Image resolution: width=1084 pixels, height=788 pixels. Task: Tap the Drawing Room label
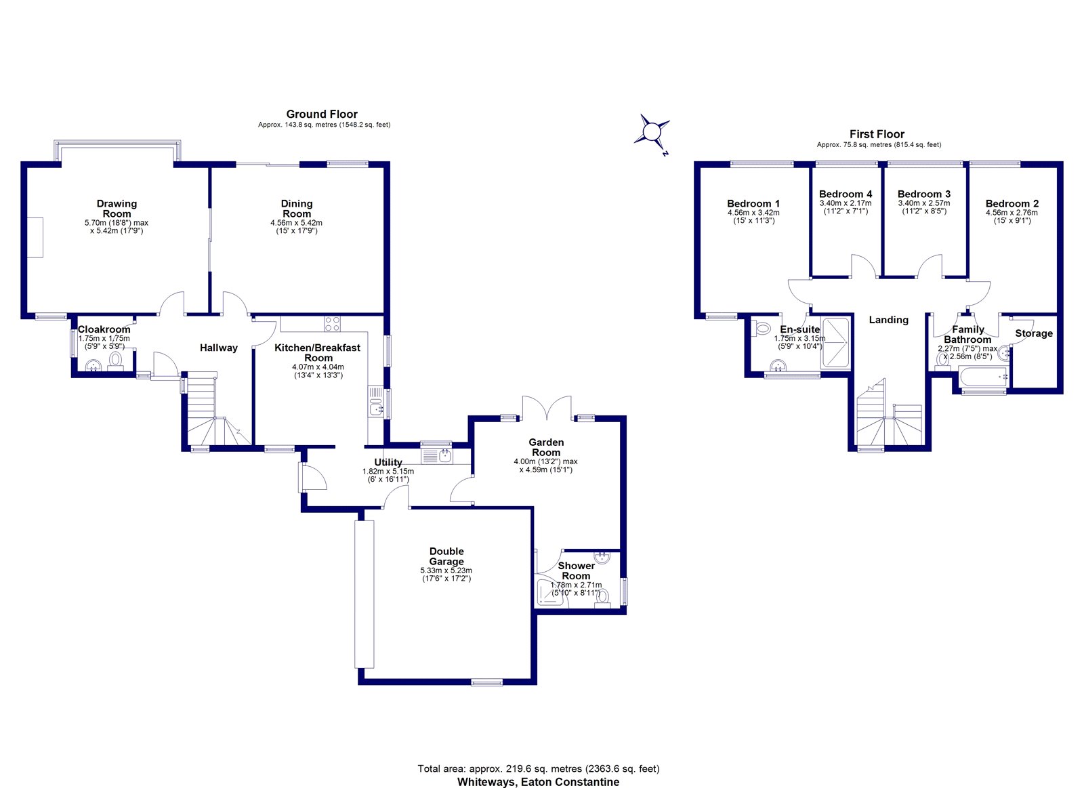[x=117, y=209]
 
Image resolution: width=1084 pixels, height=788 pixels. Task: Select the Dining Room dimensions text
[x=296, y=227]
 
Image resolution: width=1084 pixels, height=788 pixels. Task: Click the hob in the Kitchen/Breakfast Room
[x=333, y=324]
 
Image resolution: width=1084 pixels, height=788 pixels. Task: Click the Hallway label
[x=219, y=348]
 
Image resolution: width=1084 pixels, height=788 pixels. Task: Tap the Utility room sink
[x=437, y=456]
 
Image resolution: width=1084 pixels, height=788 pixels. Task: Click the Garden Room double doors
[x=547, y=408]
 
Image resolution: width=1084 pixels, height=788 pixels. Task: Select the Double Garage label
[x=446, y=556]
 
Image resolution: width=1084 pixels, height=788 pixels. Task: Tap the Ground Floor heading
[x=322, y=115]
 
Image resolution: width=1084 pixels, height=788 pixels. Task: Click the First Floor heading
[x=877, y=134]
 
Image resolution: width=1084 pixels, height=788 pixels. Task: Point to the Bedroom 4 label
[x=846, y=194]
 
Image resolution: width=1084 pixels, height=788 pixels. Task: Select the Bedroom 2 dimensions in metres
[x=1012, y=213]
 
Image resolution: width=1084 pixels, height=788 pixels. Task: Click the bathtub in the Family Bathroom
[x=984, y=377]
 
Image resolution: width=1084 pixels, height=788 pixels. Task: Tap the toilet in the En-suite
[x=763, y=329]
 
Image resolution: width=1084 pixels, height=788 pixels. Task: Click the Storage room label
[x=1034, y=333]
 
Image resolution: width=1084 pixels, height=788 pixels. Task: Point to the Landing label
[x=888, y=320]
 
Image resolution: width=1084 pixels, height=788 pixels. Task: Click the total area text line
[x=539, y=768]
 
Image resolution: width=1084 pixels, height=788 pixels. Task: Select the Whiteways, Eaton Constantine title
[x=538, y=782]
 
